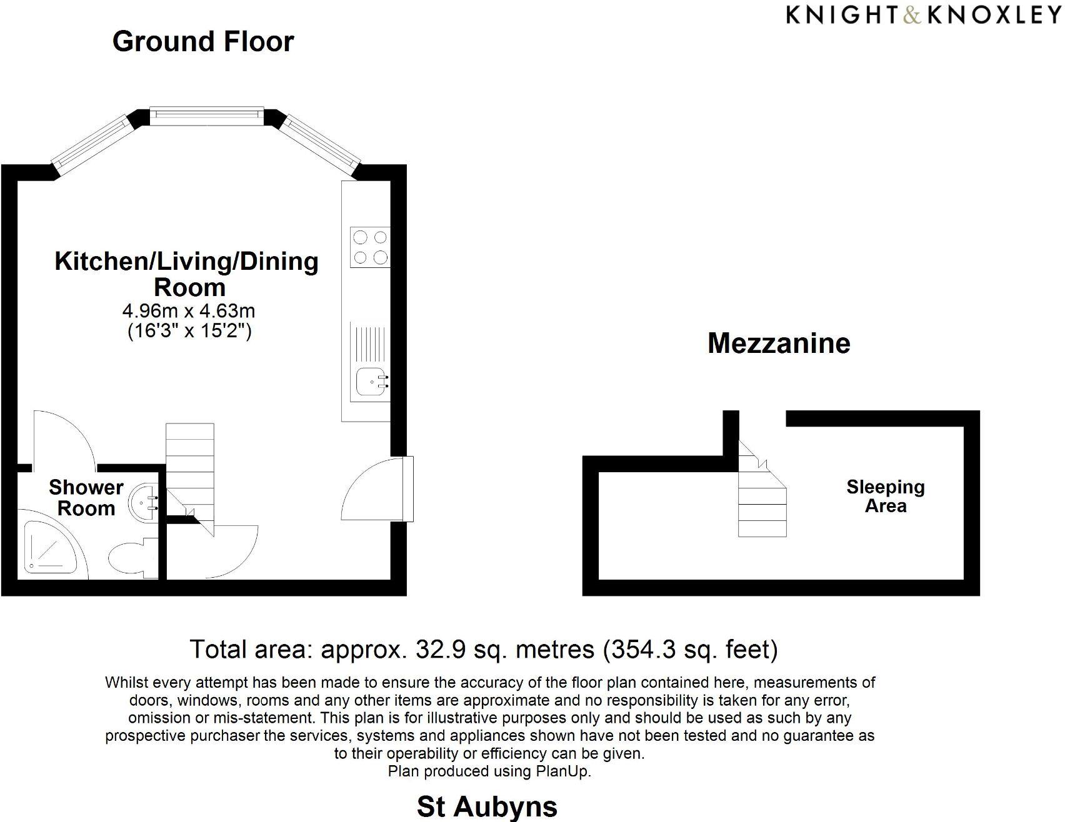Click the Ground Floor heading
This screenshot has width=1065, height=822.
203,41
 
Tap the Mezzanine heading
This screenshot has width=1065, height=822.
779,343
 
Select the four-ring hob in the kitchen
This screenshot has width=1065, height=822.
370,247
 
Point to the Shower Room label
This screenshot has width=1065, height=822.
86,497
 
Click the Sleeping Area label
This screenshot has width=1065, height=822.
885,496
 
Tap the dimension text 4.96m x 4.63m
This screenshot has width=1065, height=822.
189,310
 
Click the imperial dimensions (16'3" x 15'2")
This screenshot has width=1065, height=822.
189,330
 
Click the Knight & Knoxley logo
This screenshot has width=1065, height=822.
924,15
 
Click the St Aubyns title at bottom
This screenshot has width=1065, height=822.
487,806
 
